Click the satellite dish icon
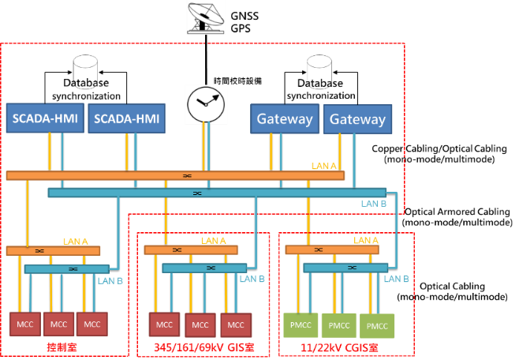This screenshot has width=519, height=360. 206,18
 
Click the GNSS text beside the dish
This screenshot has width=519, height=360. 245,16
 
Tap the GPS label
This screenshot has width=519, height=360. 241,28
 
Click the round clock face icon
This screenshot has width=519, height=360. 206,104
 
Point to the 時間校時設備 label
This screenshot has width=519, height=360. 237,81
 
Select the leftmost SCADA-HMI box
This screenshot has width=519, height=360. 45,118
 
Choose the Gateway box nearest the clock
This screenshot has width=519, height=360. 285,118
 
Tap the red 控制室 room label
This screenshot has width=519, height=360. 62,347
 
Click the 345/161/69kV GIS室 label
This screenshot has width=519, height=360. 204,347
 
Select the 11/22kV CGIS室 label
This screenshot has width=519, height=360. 339,347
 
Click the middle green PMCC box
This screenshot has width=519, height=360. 339,325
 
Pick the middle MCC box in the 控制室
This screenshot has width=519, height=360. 58,324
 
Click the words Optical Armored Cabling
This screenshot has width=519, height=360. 457,212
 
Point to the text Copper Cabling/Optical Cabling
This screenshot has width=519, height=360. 439,148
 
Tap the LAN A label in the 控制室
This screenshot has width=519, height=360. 76,242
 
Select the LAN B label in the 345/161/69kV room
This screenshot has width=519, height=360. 252,279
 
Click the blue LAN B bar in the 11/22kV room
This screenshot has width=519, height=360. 345,268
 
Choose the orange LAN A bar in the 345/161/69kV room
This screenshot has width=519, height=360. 191,250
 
